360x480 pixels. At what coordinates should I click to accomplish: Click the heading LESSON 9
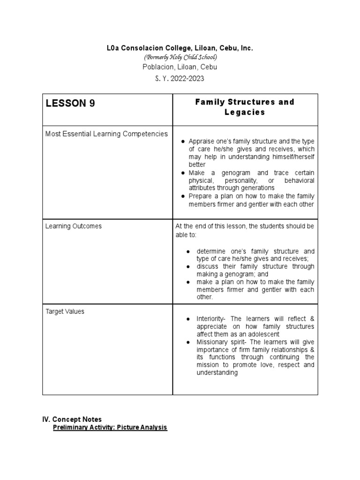point(70,104)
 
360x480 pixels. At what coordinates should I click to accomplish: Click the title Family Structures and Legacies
point(244,107)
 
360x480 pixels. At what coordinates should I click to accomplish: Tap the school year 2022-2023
point(180,78)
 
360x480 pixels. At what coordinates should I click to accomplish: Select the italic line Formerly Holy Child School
point(180,57)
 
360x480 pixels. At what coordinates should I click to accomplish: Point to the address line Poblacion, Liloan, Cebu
point(180,67)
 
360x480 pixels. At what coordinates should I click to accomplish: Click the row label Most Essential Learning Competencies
point(106,134)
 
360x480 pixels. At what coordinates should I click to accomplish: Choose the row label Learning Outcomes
point(73,226)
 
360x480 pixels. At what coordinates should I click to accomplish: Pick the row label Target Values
point(65,311)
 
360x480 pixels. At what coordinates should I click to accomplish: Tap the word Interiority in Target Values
point(211,319)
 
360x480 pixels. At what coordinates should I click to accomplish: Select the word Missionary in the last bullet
point(212,342)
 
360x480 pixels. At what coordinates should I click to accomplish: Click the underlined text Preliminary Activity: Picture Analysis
point(110,427)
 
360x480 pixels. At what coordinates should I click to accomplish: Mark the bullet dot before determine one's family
point(187,251)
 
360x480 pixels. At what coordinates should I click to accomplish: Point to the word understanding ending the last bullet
point(217,373)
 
